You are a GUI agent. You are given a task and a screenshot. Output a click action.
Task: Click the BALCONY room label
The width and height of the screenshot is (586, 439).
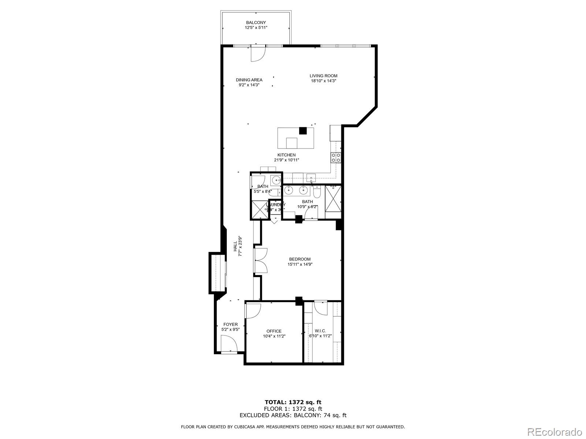256,23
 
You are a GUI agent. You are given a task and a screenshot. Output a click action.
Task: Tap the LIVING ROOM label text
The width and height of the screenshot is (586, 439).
323,76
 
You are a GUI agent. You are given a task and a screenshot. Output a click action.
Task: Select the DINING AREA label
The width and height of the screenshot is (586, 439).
249,80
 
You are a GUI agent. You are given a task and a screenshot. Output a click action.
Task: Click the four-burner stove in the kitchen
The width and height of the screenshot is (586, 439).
336,157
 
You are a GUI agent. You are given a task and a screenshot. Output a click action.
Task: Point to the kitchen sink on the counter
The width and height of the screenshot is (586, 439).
312,179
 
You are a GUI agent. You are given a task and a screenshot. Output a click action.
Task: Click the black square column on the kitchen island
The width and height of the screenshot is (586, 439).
303,131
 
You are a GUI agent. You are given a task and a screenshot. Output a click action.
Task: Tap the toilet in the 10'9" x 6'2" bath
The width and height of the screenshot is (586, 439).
317,191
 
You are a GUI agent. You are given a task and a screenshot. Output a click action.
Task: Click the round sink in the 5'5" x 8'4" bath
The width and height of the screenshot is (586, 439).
276,180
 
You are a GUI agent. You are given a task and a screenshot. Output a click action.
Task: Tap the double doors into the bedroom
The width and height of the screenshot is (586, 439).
261,260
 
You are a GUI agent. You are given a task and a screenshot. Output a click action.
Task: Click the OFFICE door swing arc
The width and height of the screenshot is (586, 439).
253,310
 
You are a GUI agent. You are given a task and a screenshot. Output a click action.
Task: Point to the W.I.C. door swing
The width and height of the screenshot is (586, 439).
321,308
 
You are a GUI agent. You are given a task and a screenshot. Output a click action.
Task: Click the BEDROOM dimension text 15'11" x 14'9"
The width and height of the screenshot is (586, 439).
300,264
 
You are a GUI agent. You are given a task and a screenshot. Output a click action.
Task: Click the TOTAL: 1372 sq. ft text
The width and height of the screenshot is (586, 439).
293,402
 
